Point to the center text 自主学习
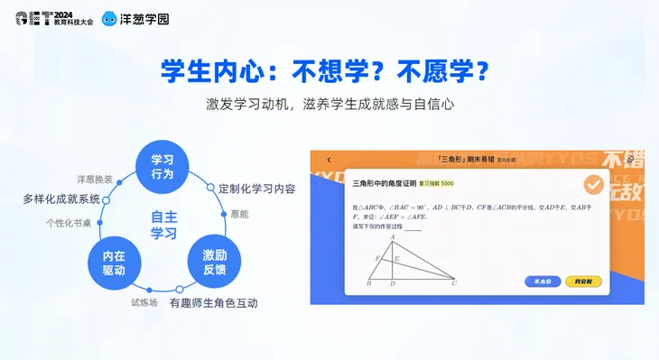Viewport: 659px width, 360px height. [163, 224]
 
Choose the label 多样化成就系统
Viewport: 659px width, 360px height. [61, 198]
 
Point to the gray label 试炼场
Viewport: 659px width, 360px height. [144, 302]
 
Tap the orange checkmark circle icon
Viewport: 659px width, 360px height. [593, 185]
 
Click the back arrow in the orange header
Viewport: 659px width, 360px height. [329, 160]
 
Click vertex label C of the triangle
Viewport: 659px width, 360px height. [453, 284]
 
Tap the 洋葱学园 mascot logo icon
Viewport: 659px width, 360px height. [109, 18]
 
